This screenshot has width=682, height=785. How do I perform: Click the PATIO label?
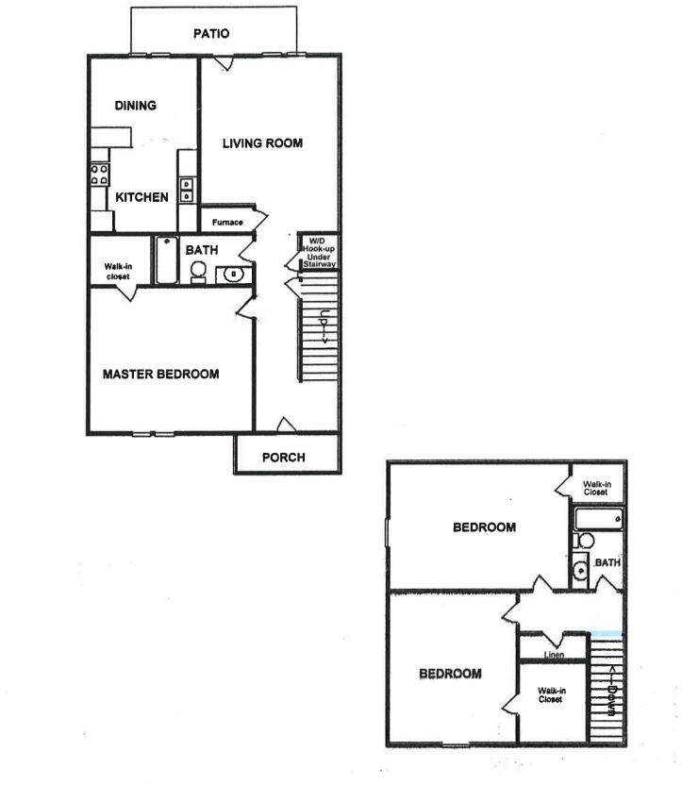click(211, 34)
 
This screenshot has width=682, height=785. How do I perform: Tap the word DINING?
click(135, 106)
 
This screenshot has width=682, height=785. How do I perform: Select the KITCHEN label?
click(142, 197)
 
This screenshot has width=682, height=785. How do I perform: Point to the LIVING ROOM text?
click(262, 143)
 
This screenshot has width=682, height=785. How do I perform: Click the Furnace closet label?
click(227, 223)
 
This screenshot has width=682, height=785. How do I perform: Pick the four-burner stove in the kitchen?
click(99, 173)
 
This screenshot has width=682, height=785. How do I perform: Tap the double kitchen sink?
click(187, 190)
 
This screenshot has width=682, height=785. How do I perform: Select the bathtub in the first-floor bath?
click(166, 259)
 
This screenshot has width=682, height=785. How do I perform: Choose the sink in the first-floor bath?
click(233, 276)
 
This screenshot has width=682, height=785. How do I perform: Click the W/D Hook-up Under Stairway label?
click(318, 253)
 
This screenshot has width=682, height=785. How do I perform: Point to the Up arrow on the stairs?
click(324, 327)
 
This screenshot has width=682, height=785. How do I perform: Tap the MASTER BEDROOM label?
click(160, 375)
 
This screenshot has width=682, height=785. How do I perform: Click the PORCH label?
click(283, 458)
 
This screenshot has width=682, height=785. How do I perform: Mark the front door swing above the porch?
click(283, 425)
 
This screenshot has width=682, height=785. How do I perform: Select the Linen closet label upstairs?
click(555, 653)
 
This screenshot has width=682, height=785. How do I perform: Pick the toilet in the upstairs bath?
click(585, 542)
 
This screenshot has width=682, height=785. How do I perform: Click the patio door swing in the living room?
click(222, 62)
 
